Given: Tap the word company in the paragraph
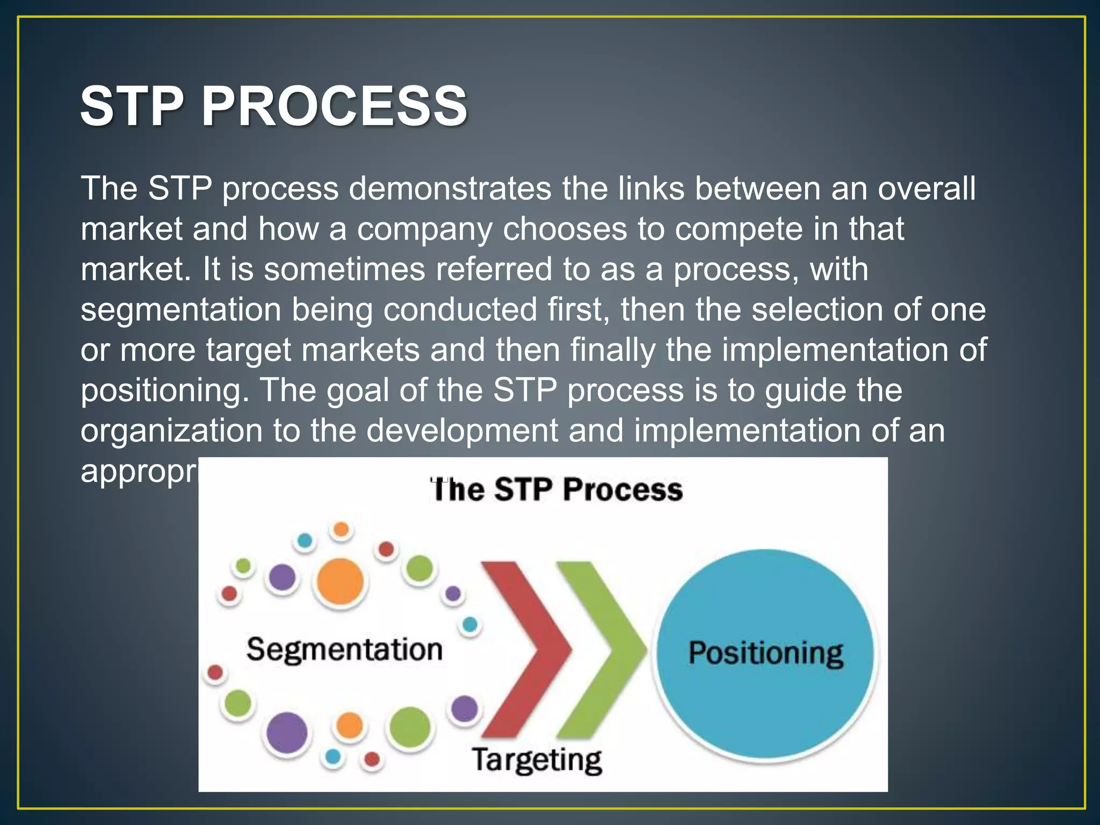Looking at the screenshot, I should [x=424, y=229].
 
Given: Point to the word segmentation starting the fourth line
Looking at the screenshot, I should [x=181, y=310].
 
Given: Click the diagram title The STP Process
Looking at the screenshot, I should [x=556, y=490].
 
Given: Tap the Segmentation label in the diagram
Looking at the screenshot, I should [x=344, y=649].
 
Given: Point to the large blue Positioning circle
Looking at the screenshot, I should [x=765, y=654].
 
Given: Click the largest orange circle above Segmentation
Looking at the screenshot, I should [x=339, y=582].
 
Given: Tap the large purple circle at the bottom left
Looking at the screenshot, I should [x=287, y=733].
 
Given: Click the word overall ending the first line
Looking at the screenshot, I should [x=927, y=189].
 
